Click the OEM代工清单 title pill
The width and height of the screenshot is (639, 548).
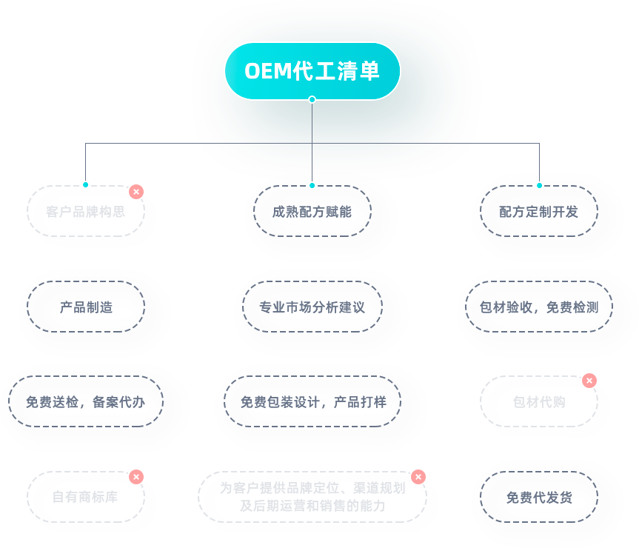pyautogui.click(x=312, y=71)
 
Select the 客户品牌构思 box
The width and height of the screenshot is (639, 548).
pyautogui.click(x=85, y=211)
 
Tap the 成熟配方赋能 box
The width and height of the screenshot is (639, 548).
pyautogui.click(x=312, y=211)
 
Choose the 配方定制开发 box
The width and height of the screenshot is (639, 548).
pyautogui.click(x=538, y=211)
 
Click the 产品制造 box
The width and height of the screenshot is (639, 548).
pyautogui.click(x=85, y=307)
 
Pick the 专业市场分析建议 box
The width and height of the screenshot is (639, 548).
pyautogui.click(x=312, y=307)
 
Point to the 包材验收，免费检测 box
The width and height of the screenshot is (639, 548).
pyautogui.click(x=538, y=307)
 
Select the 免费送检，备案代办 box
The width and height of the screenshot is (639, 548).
pyautogui.click(x=85, y=401)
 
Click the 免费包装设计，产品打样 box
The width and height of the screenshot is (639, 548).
pyautogui.click(x=312, y=401)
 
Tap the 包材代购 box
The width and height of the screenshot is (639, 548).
pyautogui.click(x=538, y=401)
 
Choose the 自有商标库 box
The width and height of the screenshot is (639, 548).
pyautogui.click(x=85, y=497)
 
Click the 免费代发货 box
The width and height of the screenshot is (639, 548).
pyautogui.click(x=538, y=497)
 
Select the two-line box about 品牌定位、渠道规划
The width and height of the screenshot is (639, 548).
pyautogui.click(x=312, y=497)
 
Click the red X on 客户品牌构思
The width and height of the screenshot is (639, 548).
pyautogui.click(x=136, y=192)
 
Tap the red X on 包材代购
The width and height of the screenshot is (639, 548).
pyautogui.click(x=589, y=381)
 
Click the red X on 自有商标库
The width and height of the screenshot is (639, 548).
pyautogui.click(x=136, y=477)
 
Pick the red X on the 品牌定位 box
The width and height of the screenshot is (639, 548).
pyautogui.click(x=418, y=477)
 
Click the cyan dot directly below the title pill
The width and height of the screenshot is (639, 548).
pyautogui.click(x=312, y=99)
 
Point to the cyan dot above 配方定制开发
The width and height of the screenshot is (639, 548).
pyautogui.click(x=539, y=185)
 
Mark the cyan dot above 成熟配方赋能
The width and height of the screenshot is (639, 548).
pyautogui.click(x=312, y=185)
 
